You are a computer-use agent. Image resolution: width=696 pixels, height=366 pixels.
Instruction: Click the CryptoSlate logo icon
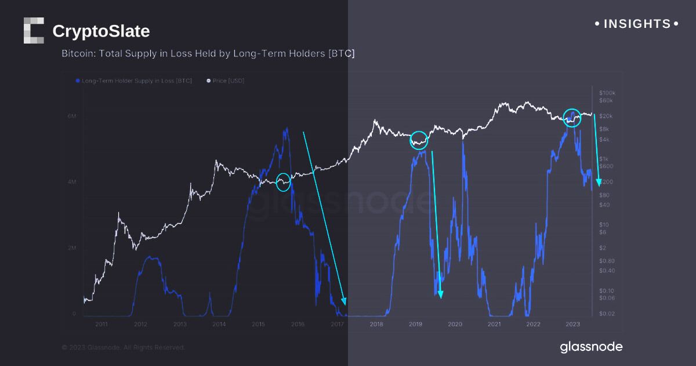[34, 31]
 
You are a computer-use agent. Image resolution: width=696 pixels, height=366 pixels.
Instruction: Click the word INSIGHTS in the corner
[637, 24]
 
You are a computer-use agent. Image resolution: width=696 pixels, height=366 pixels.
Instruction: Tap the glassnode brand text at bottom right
[591, 347]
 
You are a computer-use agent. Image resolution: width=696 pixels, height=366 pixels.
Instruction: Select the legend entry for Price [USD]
[227, 81]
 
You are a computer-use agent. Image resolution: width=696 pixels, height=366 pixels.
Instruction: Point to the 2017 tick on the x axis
[337, 324]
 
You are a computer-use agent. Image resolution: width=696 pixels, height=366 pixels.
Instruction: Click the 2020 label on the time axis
[455, 324]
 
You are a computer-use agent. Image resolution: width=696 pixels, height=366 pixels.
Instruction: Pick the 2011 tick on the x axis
[101, 324]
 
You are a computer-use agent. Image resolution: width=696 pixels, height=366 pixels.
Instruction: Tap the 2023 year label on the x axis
[572, 324]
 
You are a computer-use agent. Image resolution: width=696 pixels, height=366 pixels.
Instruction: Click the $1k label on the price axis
[604, 159]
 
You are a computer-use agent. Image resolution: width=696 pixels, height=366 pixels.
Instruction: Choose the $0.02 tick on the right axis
[607, 314]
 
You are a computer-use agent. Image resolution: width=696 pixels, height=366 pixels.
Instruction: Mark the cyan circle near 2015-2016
[283, 182]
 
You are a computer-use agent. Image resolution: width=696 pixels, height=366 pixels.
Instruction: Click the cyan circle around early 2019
[419, 140]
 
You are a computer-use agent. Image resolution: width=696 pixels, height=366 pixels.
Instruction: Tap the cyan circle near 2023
[572, 117]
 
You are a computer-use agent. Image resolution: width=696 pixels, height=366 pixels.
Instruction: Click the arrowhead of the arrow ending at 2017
[344, 302]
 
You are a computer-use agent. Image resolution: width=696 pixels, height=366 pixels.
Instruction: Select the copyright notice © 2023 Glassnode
[124, 347]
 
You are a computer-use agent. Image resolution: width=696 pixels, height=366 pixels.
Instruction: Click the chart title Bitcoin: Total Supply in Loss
[208, 53]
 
